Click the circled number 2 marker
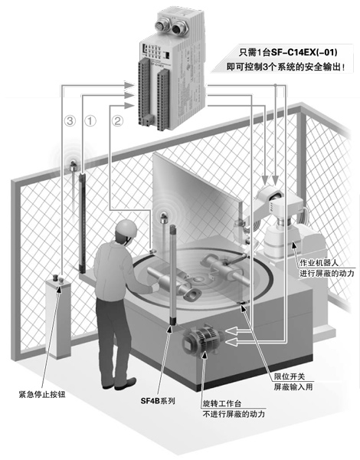tap(117, 120)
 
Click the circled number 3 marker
tap(70, 120)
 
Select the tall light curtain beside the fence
tap(78, 219)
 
